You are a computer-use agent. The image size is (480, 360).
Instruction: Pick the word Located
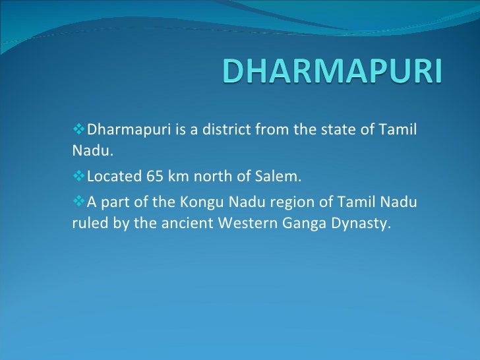(x=112, y=177)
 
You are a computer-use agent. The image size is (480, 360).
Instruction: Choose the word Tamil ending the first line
(x=400, y=127)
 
